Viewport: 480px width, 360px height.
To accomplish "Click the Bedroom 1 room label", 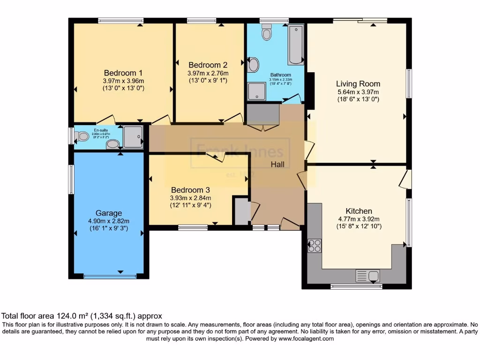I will coord(123,73).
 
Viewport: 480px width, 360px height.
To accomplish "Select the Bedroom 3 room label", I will coord(190,190).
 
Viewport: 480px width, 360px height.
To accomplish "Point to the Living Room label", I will coord(358,84).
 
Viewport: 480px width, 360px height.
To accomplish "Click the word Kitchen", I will coord(359,211).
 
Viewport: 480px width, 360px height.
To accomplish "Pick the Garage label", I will coord(109,213).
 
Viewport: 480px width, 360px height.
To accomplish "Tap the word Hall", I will coord(281,164).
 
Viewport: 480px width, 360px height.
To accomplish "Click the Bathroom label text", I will coord(280,75).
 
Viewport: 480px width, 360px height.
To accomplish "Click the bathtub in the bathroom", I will coord(296,45).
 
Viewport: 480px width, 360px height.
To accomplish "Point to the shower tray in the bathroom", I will coord(256,91).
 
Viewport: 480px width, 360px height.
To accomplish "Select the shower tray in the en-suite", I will coord(133,137).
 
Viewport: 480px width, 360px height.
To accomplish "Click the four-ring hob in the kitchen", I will coord(314,245).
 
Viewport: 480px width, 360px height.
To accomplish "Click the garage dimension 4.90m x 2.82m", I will coord(109,221).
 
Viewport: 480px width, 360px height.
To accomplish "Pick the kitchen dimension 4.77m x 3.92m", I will coord(360,219).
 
